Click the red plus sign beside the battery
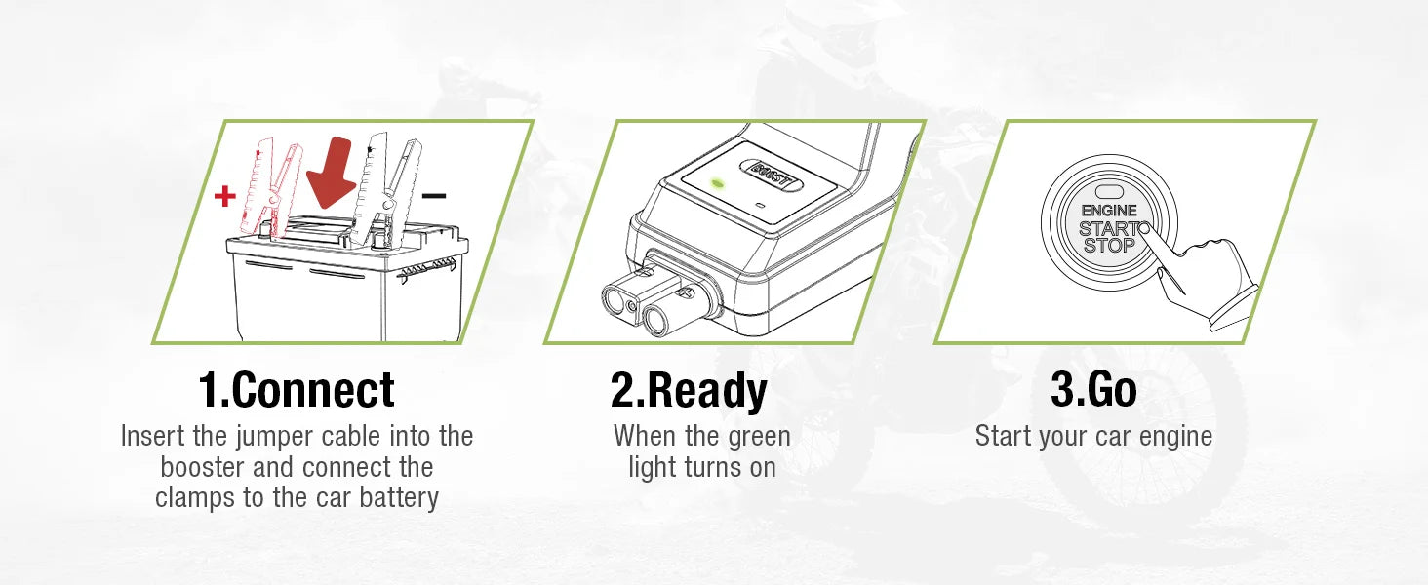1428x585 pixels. (x=225, y=197)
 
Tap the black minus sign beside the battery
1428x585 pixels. (x=434, y=196)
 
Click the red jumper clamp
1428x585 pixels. (x=272, y=185)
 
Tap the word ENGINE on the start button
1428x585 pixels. (x=1109, y=211)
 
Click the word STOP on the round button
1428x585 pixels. (x=1109, y=246)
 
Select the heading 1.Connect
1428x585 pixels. (x=297, y=390)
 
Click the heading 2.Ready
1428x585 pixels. (x=689, y=390)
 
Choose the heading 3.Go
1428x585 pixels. (x=1093, y=390)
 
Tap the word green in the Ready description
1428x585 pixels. (x=759, y=436)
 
